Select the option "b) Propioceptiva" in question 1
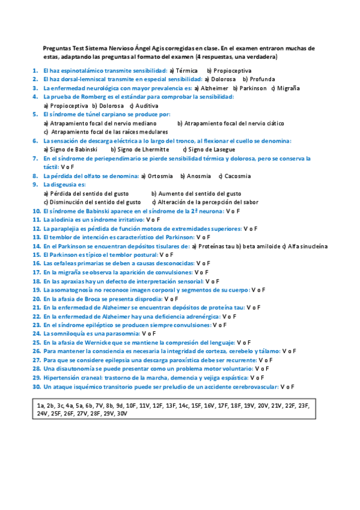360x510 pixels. click(229, 70)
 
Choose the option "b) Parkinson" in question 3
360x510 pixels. click(249, 87)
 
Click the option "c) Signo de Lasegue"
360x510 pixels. click(209, 149)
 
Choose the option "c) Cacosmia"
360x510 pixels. click(234, 176)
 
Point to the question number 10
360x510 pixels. click(37, 211)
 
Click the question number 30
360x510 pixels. click(37, 387)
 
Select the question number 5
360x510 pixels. click(36, 114)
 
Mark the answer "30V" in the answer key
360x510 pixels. click(122, 414)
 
